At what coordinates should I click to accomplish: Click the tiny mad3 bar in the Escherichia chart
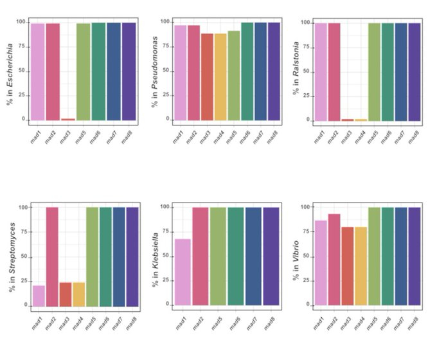click(x=68, y=119)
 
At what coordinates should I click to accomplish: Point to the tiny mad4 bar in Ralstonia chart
click(x=361, y=120)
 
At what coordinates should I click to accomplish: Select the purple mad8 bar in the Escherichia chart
click(x=129, y=71)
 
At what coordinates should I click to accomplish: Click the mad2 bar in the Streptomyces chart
click(x=52, y=256)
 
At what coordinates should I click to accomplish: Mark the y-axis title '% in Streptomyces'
click(x=12, y=256)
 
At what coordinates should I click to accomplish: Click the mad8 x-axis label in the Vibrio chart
click(x=414, y=323)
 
